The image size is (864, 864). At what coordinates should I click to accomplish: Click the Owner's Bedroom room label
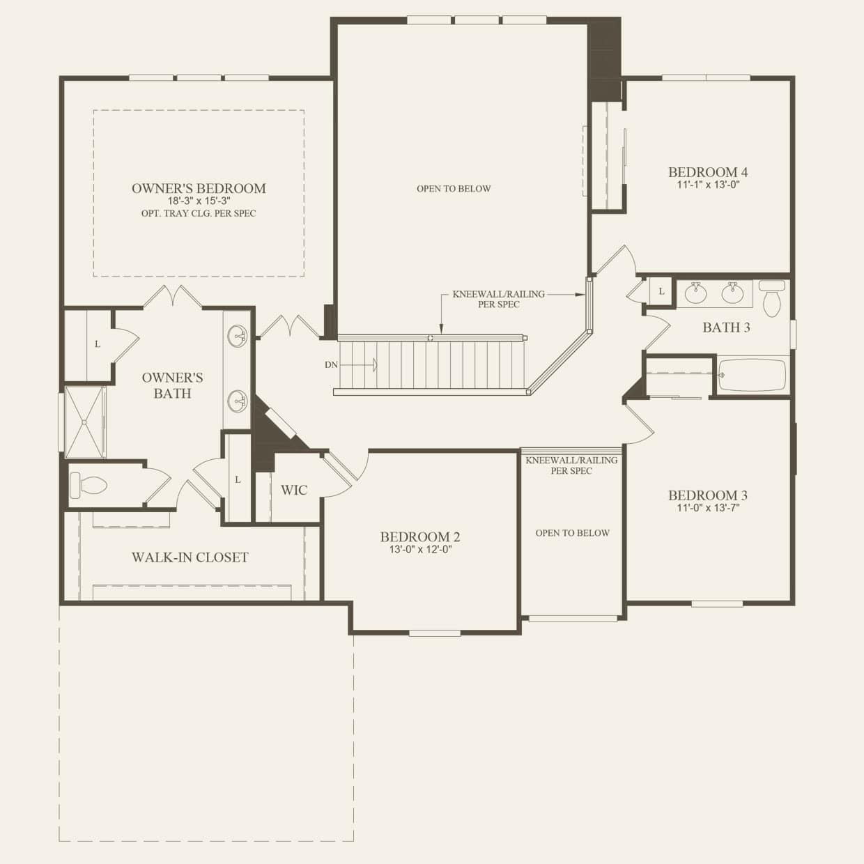click(199, 188)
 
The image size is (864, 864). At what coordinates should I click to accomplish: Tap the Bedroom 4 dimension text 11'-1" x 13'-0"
click(708, 185)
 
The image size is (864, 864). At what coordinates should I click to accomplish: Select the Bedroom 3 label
click(707, 495)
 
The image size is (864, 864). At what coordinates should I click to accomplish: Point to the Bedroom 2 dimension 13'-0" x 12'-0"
click(419, 549)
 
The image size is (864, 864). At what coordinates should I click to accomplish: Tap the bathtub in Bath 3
click(753, 375)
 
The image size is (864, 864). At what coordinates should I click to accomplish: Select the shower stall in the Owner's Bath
click(84, 422)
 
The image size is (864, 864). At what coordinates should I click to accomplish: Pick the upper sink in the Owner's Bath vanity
click(238, 336)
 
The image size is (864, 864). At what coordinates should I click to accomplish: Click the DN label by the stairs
click(331, 364)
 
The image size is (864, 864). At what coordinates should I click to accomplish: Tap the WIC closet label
click(293, 490)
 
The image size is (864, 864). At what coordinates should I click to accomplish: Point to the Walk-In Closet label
click(190, 557)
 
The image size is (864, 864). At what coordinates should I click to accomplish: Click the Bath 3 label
click(726, 327)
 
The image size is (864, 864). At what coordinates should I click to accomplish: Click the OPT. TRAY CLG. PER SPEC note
click(199, 213)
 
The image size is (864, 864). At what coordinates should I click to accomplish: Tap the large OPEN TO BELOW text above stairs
click(454, 189)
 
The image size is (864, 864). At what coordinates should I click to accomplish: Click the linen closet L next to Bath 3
click(661, 291)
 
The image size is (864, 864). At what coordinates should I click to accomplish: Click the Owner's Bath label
click(172, 385)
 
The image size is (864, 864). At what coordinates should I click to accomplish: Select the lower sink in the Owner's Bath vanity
click(238, 401)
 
